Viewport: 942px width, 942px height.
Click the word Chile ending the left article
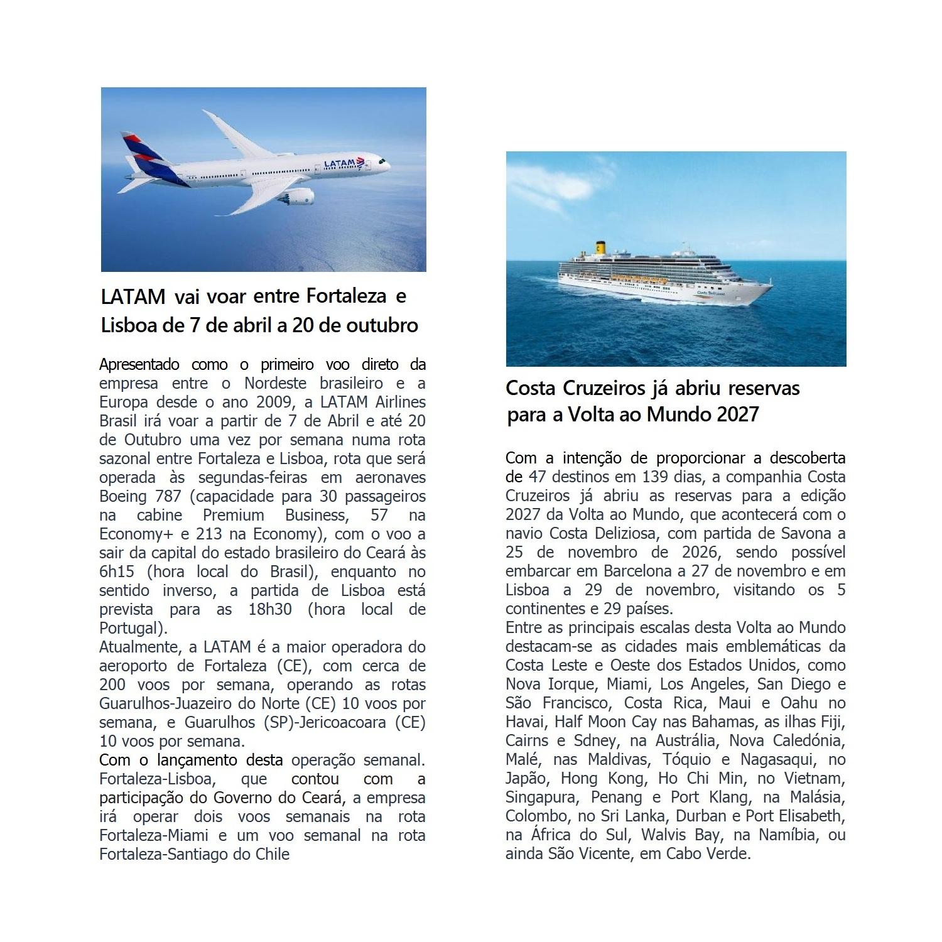273,854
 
